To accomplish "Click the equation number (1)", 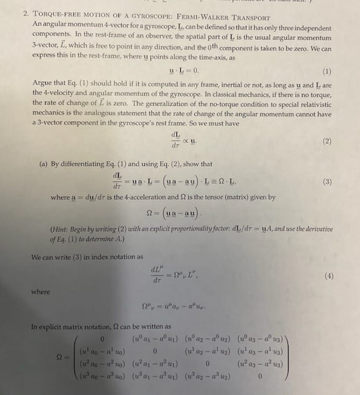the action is (x=326, y=71).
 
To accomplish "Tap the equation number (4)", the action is (x=328, y=276).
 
